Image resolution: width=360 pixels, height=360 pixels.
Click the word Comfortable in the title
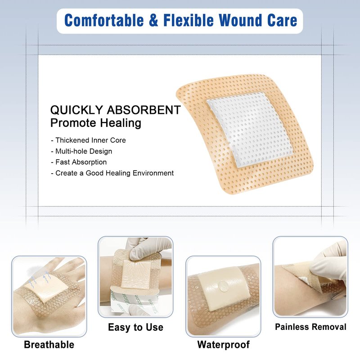104,20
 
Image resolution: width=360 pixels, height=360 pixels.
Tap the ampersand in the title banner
153,20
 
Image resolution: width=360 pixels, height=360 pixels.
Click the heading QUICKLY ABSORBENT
116,110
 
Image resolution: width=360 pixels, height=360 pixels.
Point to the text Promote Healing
96,123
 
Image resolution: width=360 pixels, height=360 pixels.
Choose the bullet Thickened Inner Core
88,140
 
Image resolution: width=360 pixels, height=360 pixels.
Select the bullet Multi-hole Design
81,151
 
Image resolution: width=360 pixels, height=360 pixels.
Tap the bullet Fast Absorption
79,162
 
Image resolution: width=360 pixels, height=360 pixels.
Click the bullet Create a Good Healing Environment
112,173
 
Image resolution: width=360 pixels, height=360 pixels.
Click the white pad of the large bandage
250,129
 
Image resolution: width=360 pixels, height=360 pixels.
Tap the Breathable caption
49,345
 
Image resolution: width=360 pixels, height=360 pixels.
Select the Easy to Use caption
136,327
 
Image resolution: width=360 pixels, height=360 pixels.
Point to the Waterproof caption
223,344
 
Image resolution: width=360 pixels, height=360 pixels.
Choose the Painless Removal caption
310,327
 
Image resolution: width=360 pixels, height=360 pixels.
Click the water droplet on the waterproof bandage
223,286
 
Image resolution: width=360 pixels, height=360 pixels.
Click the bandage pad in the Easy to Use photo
135,274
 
